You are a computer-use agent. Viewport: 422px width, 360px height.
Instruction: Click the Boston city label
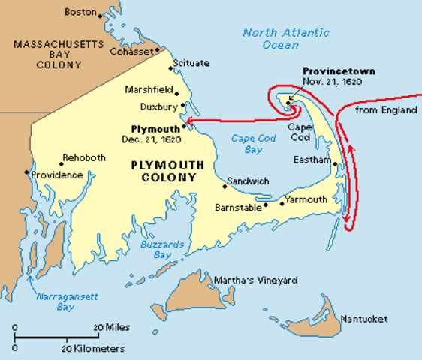[x=81, y=12]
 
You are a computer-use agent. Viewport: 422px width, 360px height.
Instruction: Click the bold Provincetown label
[x=339, y=70]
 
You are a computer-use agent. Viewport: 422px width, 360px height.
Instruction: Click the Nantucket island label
[x=363, y=319]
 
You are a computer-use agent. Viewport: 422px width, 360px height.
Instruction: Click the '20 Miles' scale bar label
[x=108, y=328]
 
